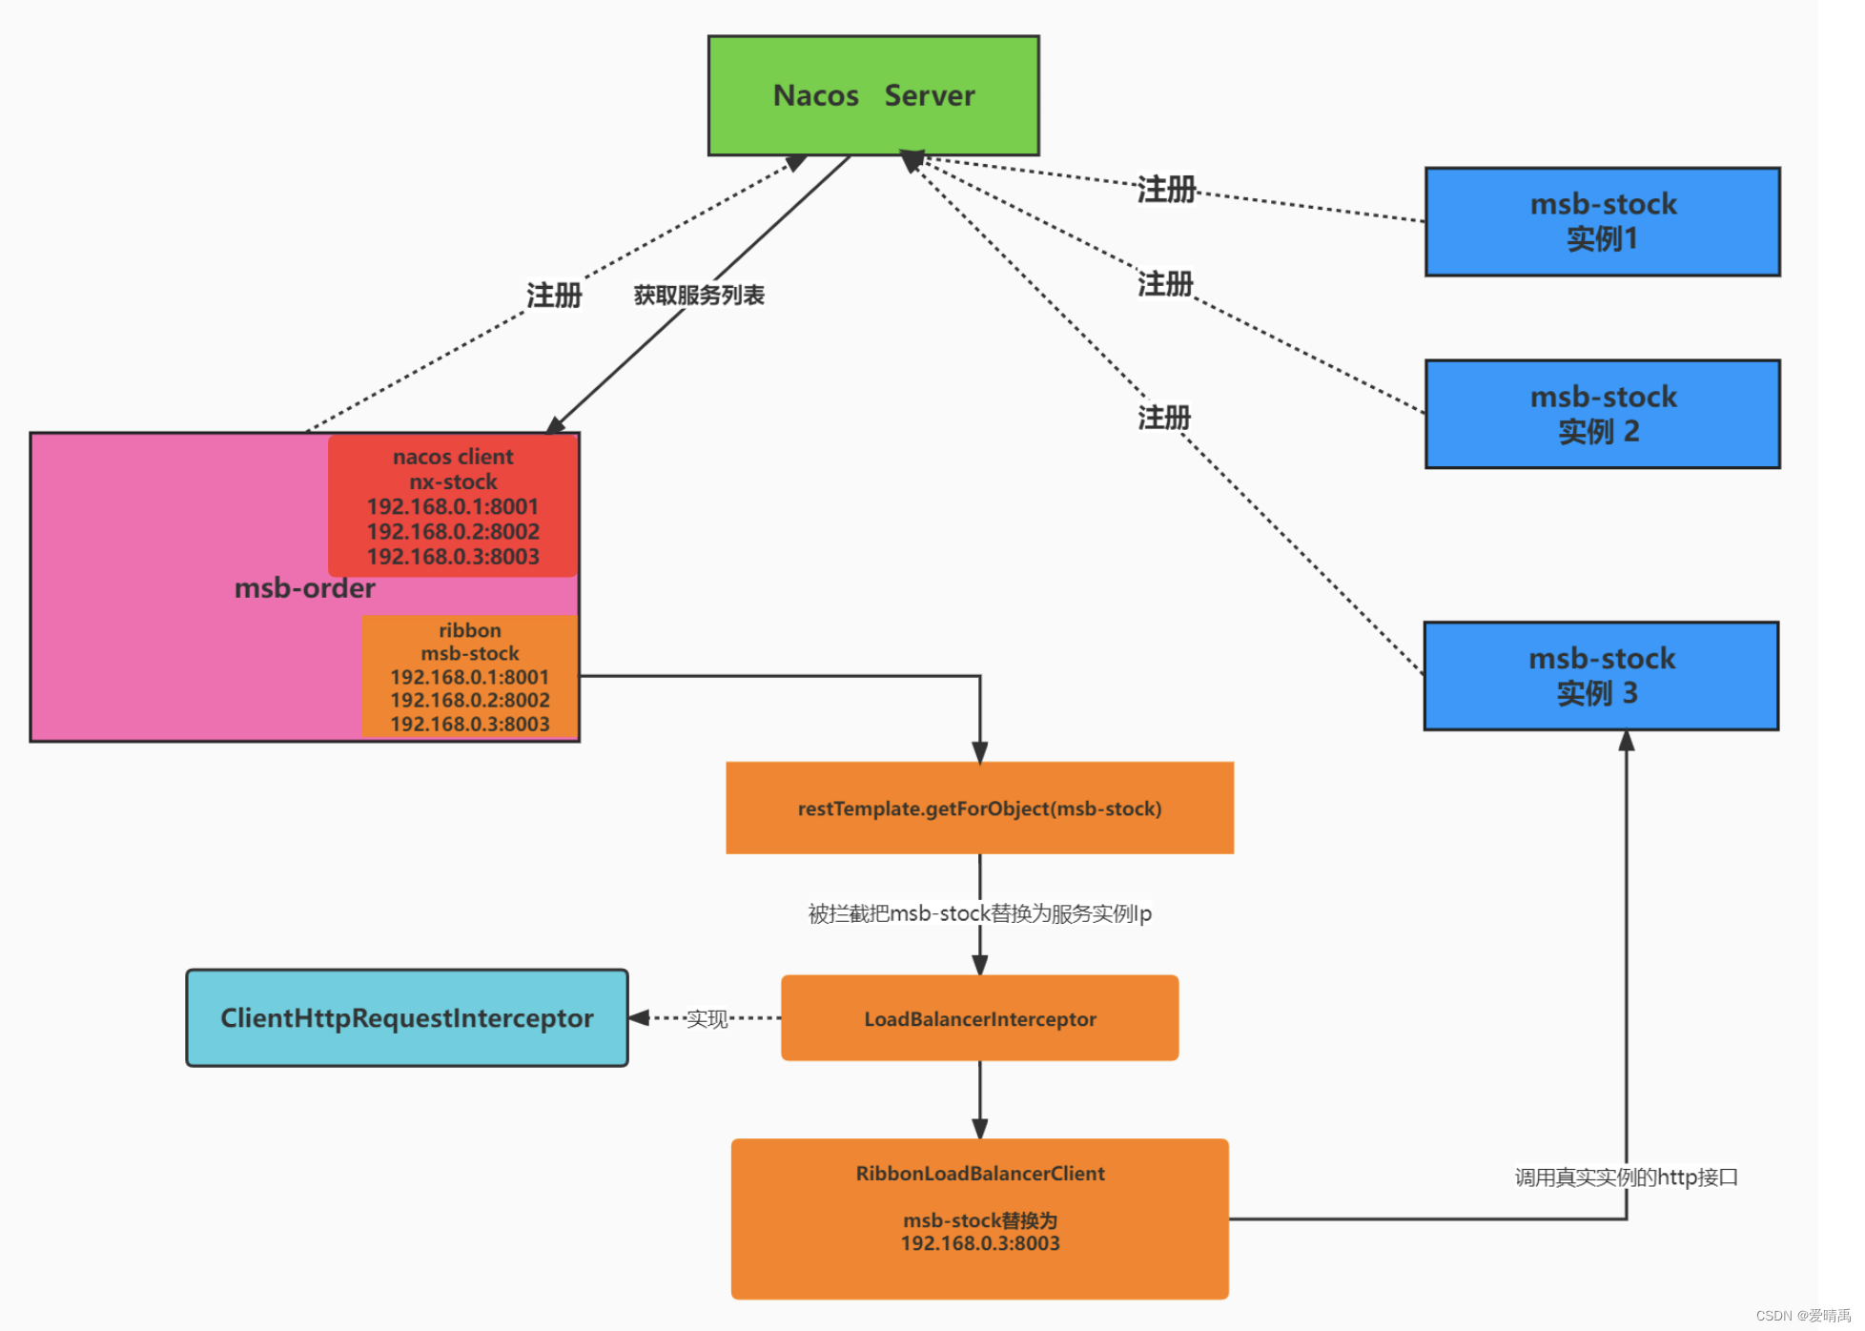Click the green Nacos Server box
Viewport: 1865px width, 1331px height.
[x=873, y=95]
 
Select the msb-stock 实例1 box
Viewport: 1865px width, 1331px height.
[x=1602, y=221]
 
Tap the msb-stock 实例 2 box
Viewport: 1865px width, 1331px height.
[x=1602, y=414]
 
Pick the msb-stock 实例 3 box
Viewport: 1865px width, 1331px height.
[x=1601, y=676]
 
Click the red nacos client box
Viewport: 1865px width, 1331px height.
[x=453, y=505]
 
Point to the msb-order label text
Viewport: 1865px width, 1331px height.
[x=304, y=588]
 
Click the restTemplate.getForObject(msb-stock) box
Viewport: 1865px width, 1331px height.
[x=979, y=809]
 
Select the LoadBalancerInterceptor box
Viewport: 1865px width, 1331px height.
[x=979, y=1018]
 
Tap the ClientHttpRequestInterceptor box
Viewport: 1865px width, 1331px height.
[x=407, y=1018]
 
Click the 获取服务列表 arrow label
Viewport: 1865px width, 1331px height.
[x=699, y=296]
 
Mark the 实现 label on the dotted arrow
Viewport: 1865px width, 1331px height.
[x=707, y=1019]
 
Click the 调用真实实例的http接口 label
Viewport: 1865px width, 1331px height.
[x=1626, y=1177]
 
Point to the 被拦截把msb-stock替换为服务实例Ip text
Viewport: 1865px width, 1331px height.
[x=979, y=913]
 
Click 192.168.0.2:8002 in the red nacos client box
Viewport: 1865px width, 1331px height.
[x=453, y=531]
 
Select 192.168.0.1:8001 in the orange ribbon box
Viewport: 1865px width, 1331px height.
[x=469, y=677]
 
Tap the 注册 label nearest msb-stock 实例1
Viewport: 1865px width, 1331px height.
[x=1165, y=190]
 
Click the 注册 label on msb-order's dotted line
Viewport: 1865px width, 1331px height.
[x=554, y=296]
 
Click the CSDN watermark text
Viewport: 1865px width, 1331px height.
[x=1802, y=1316]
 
